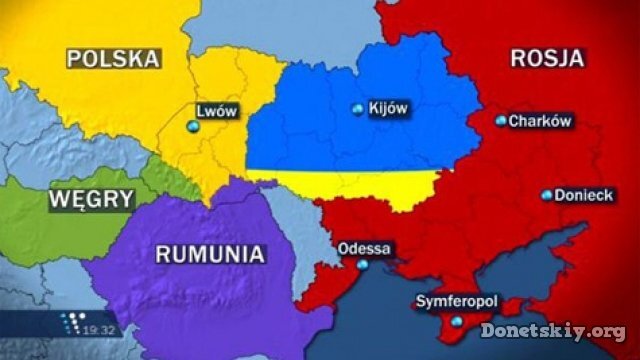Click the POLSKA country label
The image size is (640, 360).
(x=113, y=57)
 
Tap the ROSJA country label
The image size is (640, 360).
(x=546, y=57)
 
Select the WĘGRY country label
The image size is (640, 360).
(x=90, y=198)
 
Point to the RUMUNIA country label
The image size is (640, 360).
(x=210, y=253)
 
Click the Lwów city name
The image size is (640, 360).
(x=217, y=111)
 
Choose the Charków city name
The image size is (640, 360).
(x=540, y=121)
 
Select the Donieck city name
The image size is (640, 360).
(x=584, y=195)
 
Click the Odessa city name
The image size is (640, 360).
(x=365, y=248)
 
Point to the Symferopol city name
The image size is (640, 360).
(x=456, y=302)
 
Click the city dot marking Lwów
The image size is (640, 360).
(x=193, y=126)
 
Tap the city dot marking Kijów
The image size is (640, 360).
(x=358, y=110)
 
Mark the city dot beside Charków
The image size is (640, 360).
(x=501, y=121)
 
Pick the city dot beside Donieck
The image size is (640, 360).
(x=546, y=196)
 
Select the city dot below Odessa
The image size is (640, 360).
(x=362, y=265)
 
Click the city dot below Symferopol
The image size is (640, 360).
(x=456, y=321)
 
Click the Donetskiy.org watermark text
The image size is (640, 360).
(x=552, y=330)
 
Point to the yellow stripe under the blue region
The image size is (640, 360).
(x=350, y=183)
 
